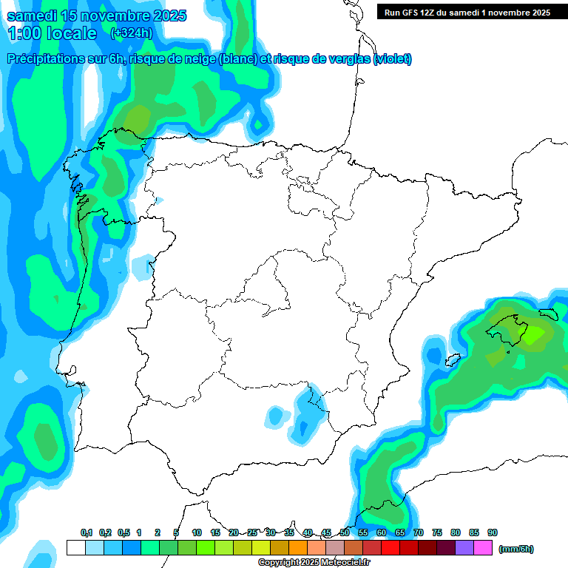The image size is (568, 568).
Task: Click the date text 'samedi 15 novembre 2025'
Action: [x=97, y=16]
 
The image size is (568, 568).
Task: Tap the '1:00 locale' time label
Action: [x=52, y=33]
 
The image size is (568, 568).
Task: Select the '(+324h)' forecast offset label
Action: [x=131, y=33]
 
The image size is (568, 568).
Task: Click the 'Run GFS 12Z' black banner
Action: [x=467, y=12]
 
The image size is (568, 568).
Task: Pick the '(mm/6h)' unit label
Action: [x=516, y=549]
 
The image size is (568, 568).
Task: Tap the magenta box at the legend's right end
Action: [x=483, y=548]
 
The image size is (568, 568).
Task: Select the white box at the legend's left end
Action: [x=75, y=548]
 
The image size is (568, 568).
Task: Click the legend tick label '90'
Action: [x=493, y=532]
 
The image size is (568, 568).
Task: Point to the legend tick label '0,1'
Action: [x=87, y=532]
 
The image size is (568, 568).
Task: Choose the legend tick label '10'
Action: [x=197, y=532]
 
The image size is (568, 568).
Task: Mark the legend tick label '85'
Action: [x=474, y=532]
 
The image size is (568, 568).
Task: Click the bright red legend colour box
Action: [x=390, y=548]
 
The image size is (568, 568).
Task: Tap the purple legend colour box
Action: [x=464, y=548]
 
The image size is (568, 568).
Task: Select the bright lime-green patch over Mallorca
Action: [x=532, y=334]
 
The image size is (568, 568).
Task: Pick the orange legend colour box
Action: [x=298, y=548]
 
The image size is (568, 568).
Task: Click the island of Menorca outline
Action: [x=548, y=314]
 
